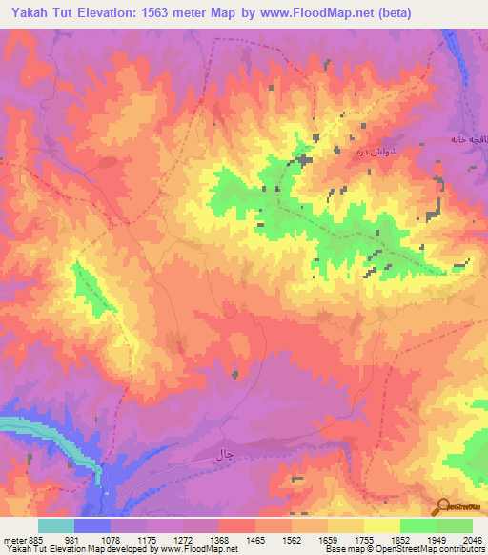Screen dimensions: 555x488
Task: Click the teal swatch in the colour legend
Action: coord(56,525)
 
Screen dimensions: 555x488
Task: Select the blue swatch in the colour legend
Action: coord(92,525)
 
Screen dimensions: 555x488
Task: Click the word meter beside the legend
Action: coord(14,539)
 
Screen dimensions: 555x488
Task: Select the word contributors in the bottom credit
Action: coord(464,550)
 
